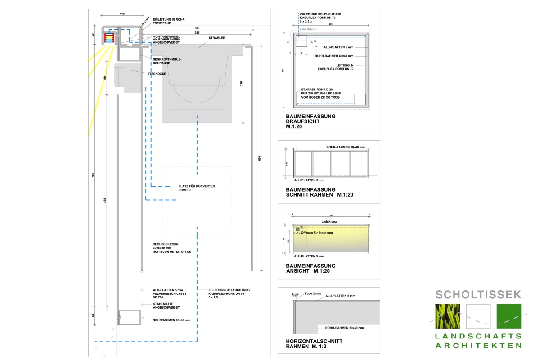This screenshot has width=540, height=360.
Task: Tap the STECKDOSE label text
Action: [155, 74]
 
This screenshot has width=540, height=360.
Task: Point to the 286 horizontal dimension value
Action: [197, 33]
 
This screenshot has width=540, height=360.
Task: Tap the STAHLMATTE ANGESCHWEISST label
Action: [166, 306]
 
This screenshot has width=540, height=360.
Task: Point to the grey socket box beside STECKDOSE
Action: [127, 77]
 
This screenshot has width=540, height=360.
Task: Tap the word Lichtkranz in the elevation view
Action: [329, 222]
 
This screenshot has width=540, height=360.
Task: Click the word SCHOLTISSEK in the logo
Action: [478, 295]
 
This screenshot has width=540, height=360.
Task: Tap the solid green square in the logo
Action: [509, 315]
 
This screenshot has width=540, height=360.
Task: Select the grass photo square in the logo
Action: [448, 315]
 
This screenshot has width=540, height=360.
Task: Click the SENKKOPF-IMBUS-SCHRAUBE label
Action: [167, 61]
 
